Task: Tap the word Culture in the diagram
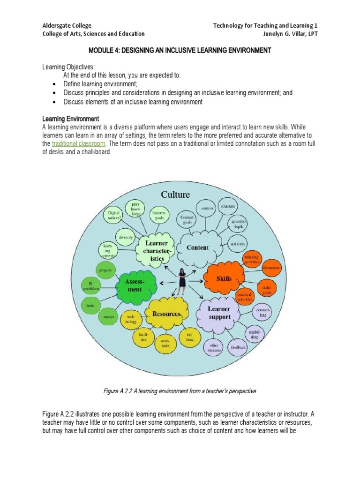176,195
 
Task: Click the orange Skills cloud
224,278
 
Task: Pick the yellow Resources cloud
166,314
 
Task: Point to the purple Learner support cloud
219,313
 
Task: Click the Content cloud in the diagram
197,247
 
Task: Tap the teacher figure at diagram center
182,281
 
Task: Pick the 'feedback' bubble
238,348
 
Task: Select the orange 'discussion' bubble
270,268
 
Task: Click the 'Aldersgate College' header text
67,25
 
